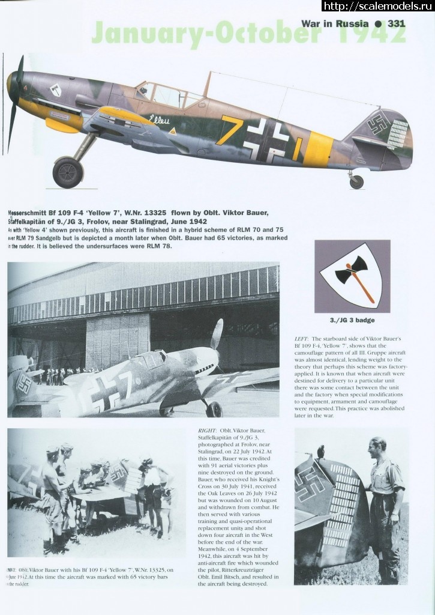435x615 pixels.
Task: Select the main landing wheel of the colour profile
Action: [x=67, y=172]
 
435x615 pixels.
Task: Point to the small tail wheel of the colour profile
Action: [x=356, y=181]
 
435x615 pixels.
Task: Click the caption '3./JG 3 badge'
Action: [x=353, y=321]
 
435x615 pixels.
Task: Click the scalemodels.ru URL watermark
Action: [x=378, y=7]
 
